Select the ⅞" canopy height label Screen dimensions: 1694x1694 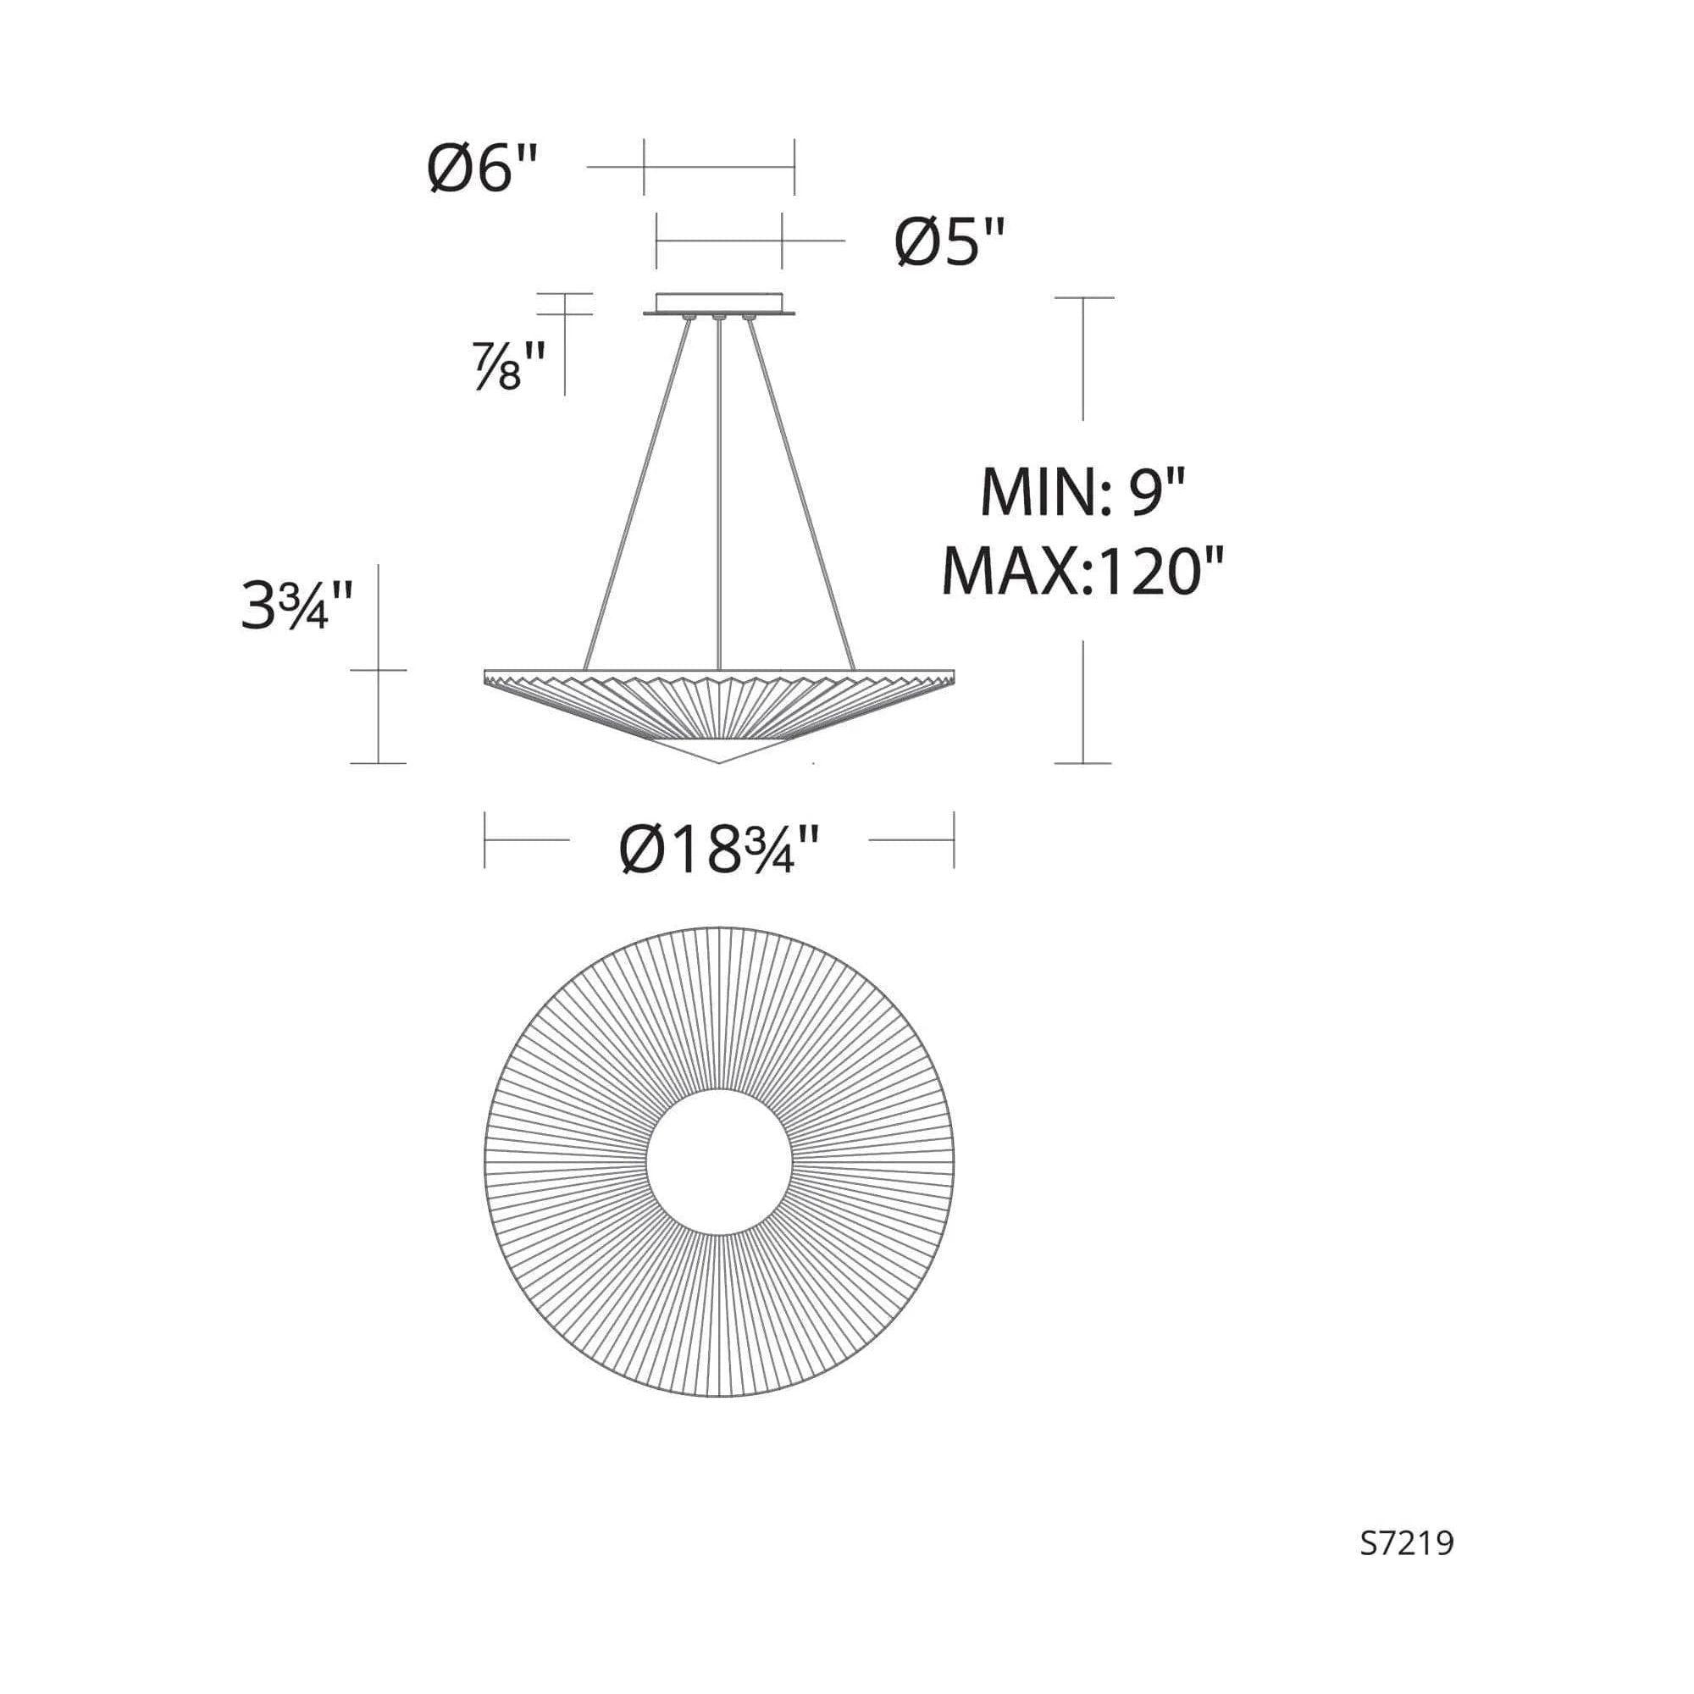pyautogui.click(x=509, y=366)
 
